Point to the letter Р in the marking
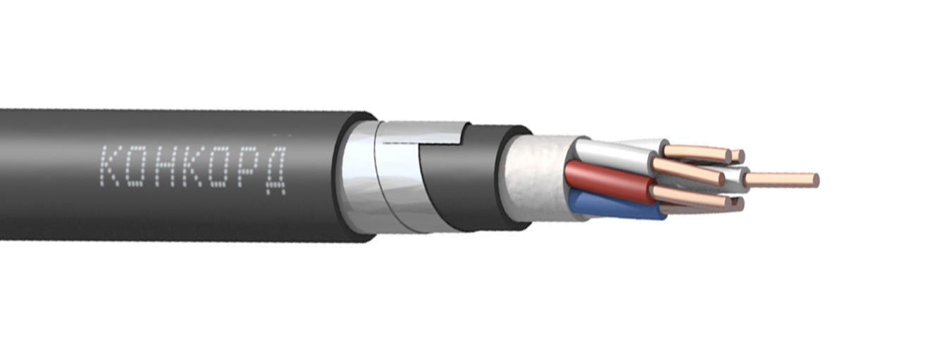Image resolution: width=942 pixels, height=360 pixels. point(247,168)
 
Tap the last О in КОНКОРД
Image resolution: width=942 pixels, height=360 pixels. point(219,168)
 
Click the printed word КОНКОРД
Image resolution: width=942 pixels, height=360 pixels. point(194,170)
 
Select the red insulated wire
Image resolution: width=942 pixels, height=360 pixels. point(606,181)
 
